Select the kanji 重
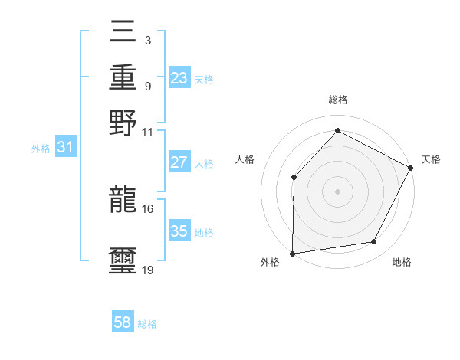pos(123,78)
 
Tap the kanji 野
pos(123,123)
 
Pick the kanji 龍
pos(123,200)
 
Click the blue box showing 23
pos(179,78)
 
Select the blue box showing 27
pos(179,162)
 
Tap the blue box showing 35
pos(179,231)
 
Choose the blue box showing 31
pos(65,148)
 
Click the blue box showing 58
pos(123,322)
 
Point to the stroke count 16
pos(148,208)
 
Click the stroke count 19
pos(148,270)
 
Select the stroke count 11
pos(148,132)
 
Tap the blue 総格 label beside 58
pos(148,324)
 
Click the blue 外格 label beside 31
pos(41,149)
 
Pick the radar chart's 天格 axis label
pos(431,159)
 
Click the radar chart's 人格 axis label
pos(245,159)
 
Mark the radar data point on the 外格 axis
pos(292,253)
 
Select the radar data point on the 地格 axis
pos(374,242)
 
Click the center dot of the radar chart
pos(337,191)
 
